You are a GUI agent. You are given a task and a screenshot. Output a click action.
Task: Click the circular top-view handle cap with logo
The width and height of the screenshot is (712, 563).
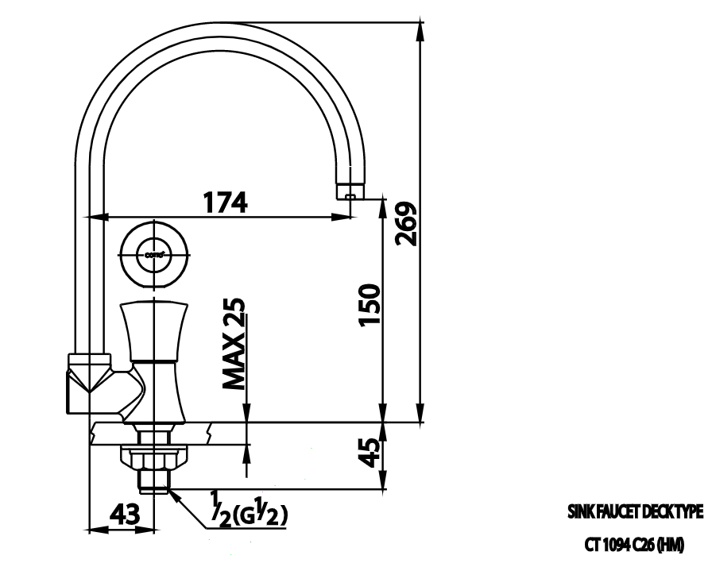pos(155,254)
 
